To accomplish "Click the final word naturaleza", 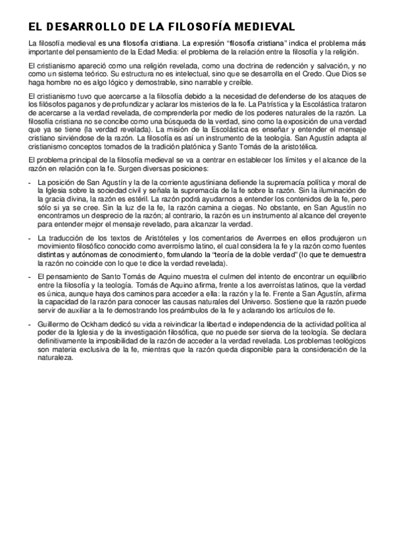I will click(x=57, y=360).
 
